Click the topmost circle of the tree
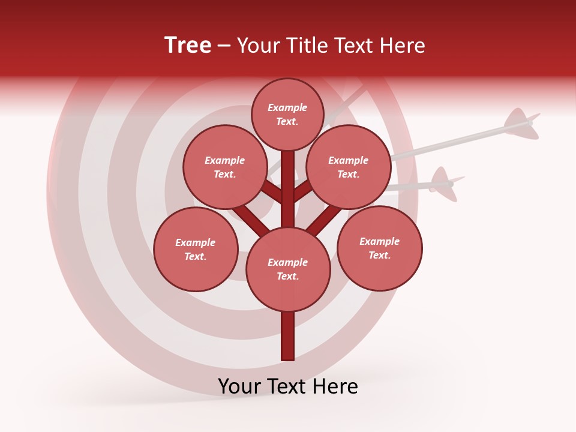pos(287,114)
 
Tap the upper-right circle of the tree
pos(349,167)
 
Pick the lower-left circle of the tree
pos(196,249)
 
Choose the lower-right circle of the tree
pos(379,248)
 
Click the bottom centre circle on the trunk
pos(288,269)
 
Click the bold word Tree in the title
pos(188,46)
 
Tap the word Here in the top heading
pos(401,46)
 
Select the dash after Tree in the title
pos(224,46)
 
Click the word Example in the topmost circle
pos(287,107)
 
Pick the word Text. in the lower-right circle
pos(379,255)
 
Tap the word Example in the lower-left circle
pos(196,242)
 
